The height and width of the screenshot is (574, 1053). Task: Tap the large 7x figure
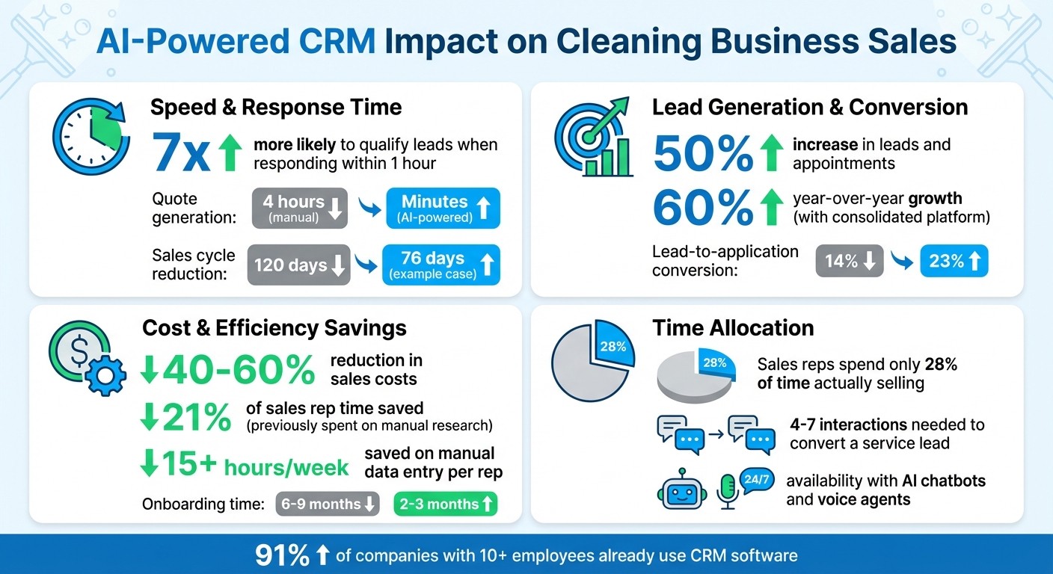pyautogui.click(x=182, y=152)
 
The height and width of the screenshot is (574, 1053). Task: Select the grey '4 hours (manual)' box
pyautogui.click(x=299, y=209)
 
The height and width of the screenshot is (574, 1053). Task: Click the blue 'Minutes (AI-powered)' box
pyautogui.click(x=443, y=209)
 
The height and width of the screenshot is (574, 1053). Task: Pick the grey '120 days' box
pyautogui.click(x=299, y=265)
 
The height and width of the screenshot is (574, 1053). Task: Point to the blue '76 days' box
pyautogui.click(x=441, y=265)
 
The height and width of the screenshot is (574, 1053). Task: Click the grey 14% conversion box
pyautogui.click(x=850, y=262)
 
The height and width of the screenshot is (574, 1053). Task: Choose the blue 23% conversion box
pyautogui.click(x=954, y=262)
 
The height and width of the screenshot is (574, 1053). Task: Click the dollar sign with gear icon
pyautogui.click(x=80, y=359)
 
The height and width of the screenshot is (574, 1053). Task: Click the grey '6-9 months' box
pyautogui.click(x=328, y=504)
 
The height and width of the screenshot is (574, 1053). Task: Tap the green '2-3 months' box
pyautogui.click(x=446, y=504)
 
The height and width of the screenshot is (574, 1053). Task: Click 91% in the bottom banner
pyautogui.click(x=283, y=555)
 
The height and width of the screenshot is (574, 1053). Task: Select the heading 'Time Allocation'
pyautogui.click(x=733, y=328)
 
